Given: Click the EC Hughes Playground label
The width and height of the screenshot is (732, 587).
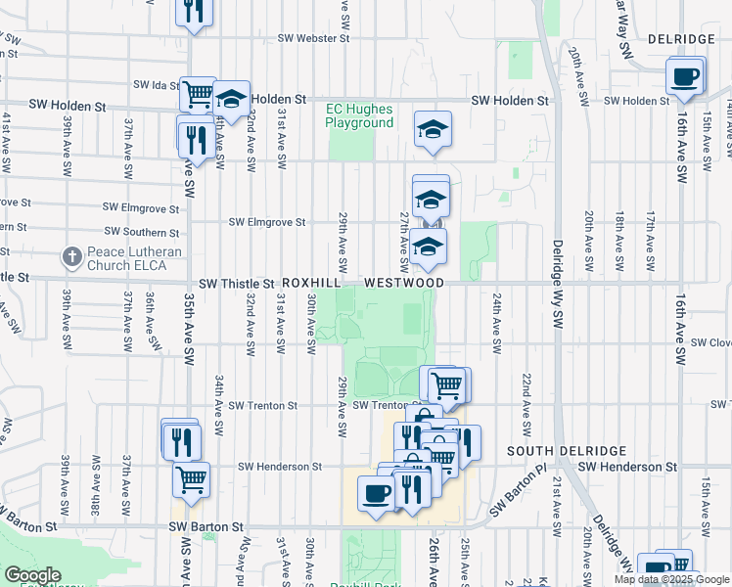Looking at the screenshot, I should point(360,115).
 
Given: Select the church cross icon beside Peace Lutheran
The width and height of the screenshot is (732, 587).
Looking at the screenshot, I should point(71,258).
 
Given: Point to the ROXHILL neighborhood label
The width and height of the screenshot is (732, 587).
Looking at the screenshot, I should point(312,283).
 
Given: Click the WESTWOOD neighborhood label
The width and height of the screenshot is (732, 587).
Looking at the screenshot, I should point(404,283).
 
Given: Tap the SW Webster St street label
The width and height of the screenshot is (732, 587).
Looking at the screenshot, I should point(313,39).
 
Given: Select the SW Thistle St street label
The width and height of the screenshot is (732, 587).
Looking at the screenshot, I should point(235,283).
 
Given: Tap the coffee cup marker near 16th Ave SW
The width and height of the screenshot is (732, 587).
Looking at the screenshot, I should point(685,76).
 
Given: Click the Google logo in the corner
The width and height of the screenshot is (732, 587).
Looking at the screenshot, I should point(32,575).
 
